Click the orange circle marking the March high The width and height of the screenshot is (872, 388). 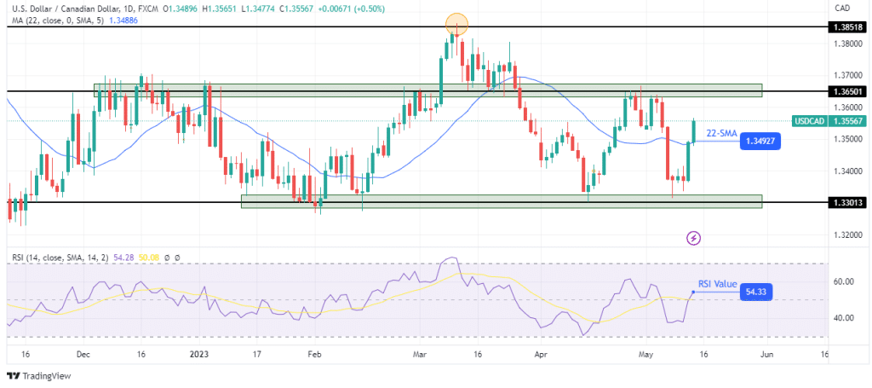(x=457, y=25)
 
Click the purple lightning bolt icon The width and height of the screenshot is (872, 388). (x=694, y=238)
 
